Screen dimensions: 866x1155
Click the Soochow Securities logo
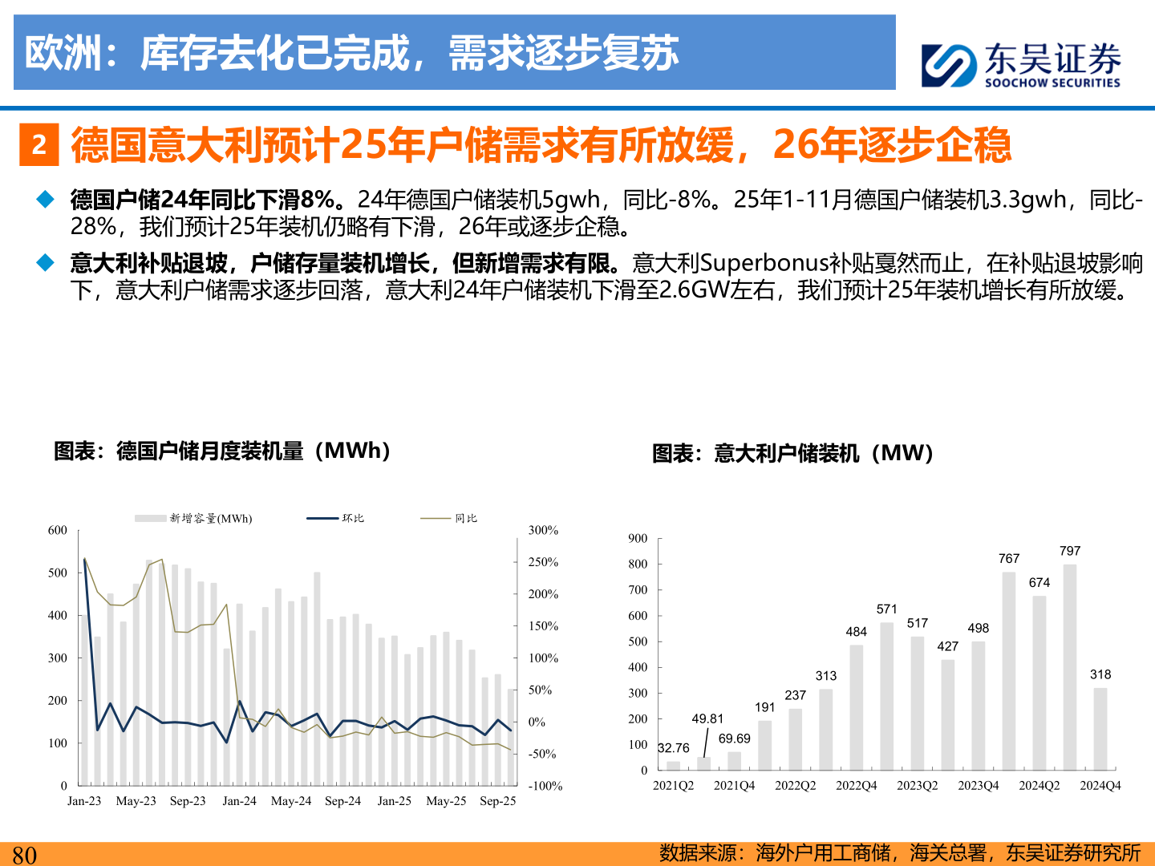point(1021,65)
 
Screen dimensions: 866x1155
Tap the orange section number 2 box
point(38,145)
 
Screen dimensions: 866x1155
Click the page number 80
point(24,854)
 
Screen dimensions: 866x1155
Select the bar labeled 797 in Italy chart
point(1069,667)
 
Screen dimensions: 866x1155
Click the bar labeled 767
point(1008,671)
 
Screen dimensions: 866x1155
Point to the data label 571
point(886,609)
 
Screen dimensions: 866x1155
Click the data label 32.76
point(673,748)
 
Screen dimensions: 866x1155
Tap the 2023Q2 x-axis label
point(917,786)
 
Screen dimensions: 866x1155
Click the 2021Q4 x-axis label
point(734,786)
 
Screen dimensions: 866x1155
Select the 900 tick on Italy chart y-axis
point(638,538)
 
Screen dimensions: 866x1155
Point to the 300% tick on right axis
point(543,530)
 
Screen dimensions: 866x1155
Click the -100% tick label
point(545,786)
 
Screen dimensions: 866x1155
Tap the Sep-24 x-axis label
point(342,801)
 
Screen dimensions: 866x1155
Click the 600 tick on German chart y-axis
point(58,530)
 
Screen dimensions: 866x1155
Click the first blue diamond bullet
point(46,199)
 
